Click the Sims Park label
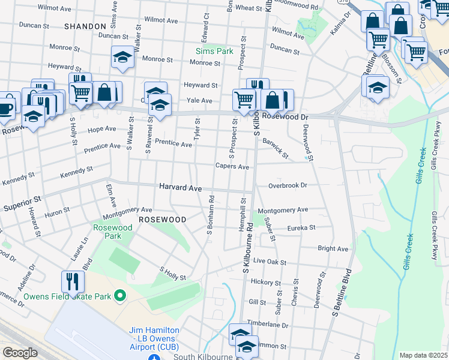click(214, 51)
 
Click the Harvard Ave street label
click(180, 187)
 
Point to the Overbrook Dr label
click(288, 186)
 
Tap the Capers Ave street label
click(232, 166)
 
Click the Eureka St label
click(301, 228)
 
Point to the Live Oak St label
click(270, 262)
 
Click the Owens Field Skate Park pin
click(120, 296)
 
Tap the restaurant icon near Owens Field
click(73, 281)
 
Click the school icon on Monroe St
click(122, 58)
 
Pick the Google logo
click(20, 353)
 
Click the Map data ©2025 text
click(423, 355)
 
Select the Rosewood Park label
click(112, 232)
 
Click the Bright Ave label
click(333, 248)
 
